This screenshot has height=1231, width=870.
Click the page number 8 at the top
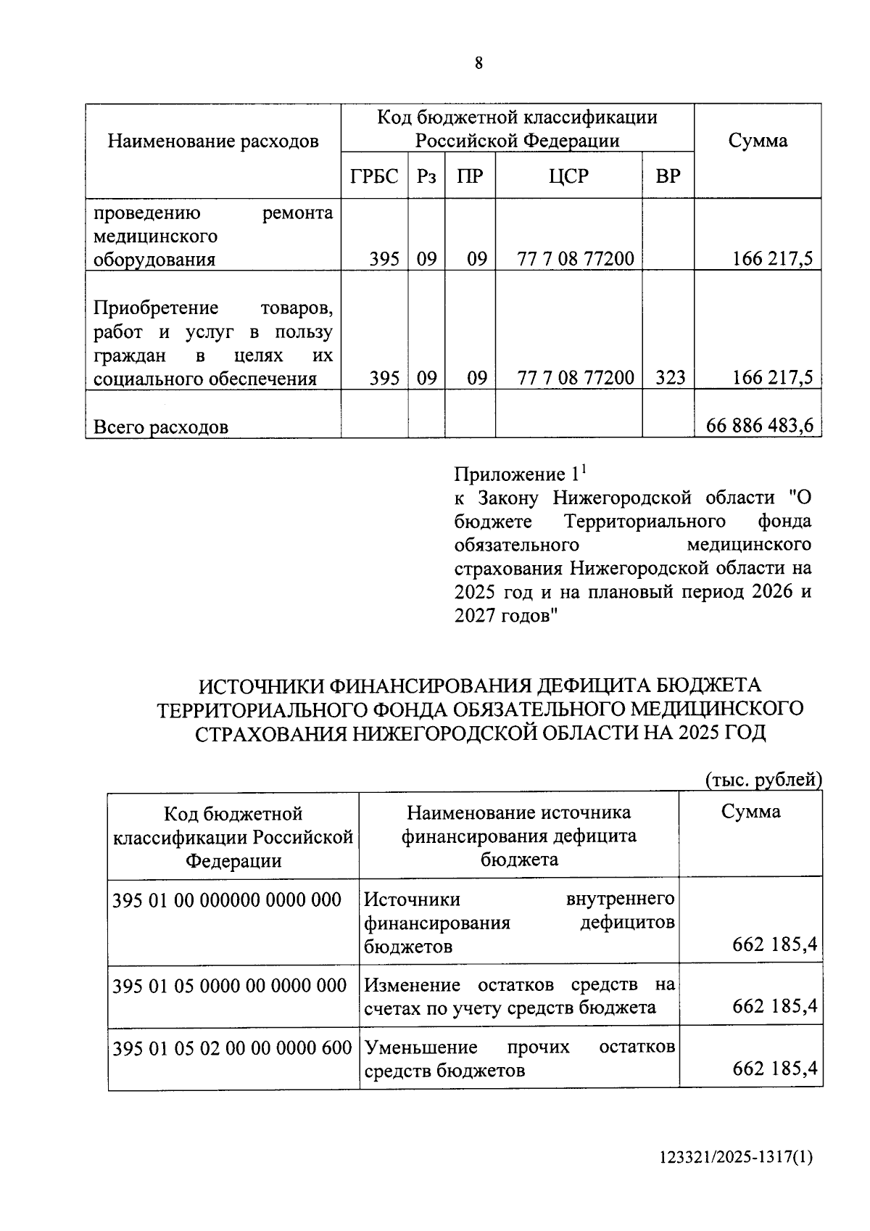[x=478, y=63]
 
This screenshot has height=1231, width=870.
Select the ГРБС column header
[x=374, y=176]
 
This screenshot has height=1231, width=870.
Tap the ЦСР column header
[x=568, y=176]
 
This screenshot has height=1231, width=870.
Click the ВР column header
[x=668, y=176]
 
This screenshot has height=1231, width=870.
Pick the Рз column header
[x=426, y=176]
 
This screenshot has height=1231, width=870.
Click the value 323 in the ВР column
[x=668, y=377]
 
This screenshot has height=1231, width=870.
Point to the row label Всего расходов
[x=161, y=427]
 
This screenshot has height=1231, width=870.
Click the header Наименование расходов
[x=213, y=141]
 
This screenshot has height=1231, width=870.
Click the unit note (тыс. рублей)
[x=763, y=780]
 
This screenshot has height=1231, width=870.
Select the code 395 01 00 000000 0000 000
[x=227, y=899]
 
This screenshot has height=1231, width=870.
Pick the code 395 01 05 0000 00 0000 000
[x=230, y=985]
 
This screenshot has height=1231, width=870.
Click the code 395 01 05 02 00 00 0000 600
[x=232, y=1047]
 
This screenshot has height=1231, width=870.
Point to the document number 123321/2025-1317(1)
[x=736, y=1157]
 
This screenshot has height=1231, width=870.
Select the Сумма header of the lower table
[x=750, y=812]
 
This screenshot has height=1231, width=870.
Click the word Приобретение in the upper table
[x=156, y=308]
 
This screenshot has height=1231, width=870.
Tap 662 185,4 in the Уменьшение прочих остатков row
[x=774, y=1069]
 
